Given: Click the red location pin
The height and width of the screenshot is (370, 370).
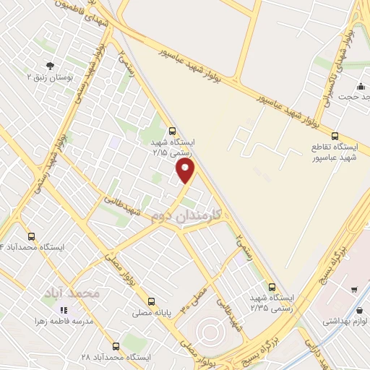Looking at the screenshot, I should click(186, 171).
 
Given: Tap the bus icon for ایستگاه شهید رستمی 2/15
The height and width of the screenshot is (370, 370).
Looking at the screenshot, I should click(171, 132).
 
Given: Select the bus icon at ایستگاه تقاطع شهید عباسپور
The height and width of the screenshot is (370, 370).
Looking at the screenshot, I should click(334, 135).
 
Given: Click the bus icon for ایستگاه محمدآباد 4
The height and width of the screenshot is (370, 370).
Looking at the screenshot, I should click(31, 236).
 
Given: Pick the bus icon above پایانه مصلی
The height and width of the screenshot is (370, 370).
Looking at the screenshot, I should click(151, 301).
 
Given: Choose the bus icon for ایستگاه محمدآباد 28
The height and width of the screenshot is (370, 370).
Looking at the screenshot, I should click(115, 345).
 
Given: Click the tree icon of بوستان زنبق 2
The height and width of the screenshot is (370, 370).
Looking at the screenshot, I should click(48, 64).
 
